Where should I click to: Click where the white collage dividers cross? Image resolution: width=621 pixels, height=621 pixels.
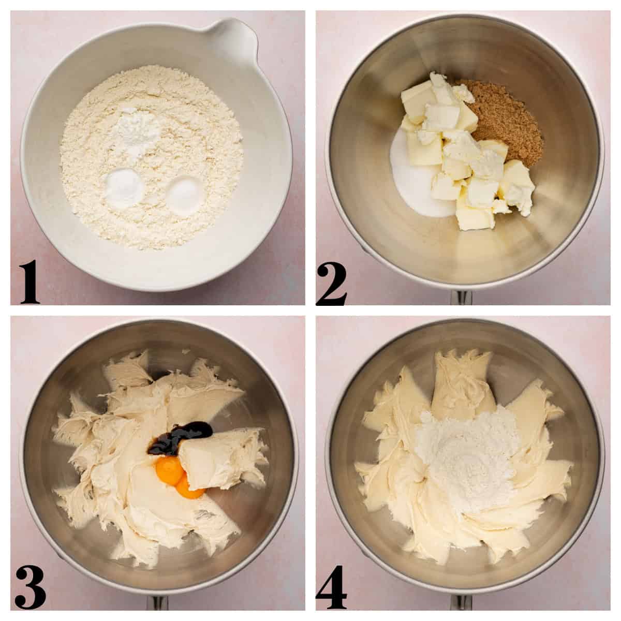[x=310, y=310]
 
